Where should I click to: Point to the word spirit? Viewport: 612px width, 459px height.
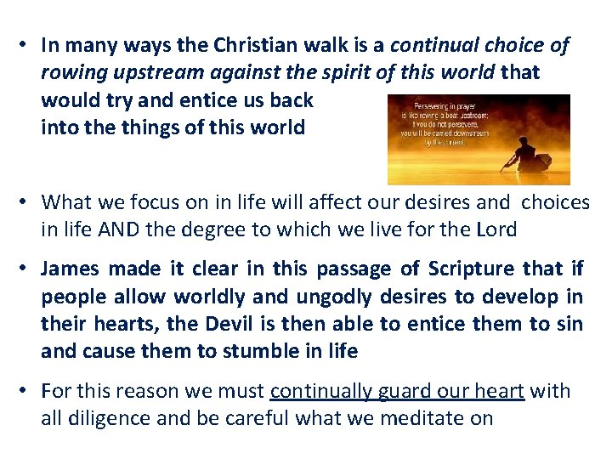click(x=309, y=73)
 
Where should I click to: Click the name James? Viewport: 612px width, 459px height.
click(x=70, y=269)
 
